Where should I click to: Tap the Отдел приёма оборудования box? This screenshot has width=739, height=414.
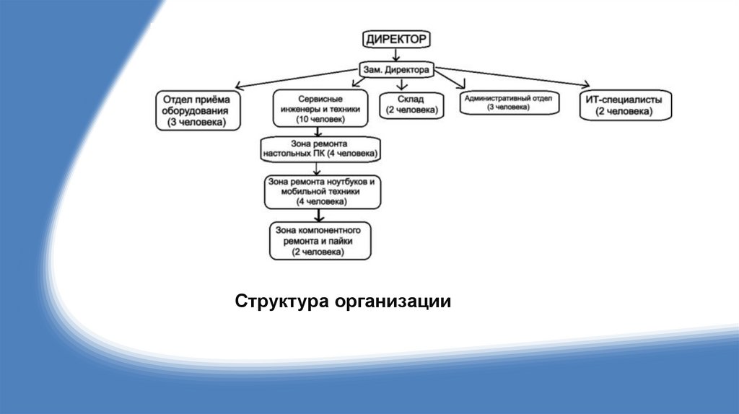click(x=196, y=111)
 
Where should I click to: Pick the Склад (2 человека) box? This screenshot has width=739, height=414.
click(x=411, y=105)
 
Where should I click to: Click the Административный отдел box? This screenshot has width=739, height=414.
click(x=508, y=102)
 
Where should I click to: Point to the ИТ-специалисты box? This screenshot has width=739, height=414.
click(x=625, y=105)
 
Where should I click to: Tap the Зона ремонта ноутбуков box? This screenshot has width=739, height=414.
click(x=323, y=193)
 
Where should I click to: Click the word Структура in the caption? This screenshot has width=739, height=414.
click(x=281, y=301)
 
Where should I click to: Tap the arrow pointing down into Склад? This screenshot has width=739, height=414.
click(x=402, y=84)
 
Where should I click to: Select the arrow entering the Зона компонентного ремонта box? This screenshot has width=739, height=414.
click(x=315, y=214)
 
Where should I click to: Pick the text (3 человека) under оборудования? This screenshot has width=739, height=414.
click(x=196, y=123)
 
